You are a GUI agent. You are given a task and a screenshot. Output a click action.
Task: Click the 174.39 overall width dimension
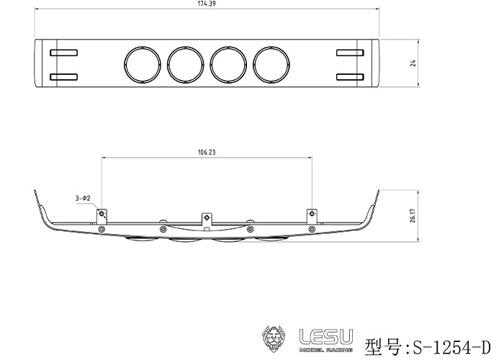(x=207, y=4)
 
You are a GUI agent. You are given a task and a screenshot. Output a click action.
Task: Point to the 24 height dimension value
(x=413, y=63)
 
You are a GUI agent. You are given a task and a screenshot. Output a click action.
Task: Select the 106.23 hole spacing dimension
(x=207, y=152)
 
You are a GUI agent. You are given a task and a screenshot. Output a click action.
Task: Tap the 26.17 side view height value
(x=413, y=216)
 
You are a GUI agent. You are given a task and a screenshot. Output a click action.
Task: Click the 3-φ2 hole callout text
(x=83, y=198)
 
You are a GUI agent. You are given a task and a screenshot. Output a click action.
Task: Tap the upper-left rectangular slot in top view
(x=63, y=53)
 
